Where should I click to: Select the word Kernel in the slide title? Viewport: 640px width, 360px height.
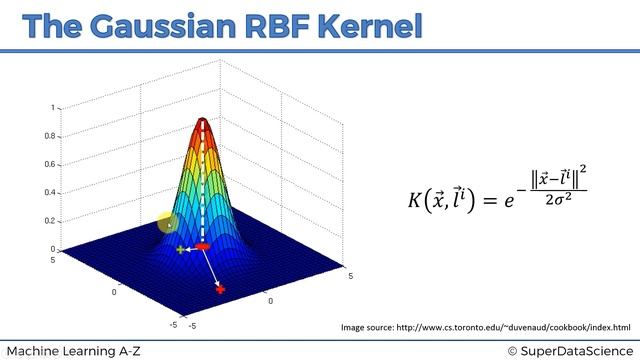[371, 26]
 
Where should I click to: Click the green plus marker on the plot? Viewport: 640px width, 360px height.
[180, 249]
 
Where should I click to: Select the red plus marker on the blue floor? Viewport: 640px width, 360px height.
[220, 289]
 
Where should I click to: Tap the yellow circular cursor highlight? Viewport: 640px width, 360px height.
[167, 223]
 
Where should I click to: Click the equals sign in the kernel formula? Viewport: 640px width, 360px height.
[491, 200]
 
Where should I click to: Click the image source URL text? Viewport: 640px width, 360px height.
[486, 327]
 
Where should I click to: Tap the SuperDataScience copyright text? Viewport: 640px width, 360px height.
[569, 350]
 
